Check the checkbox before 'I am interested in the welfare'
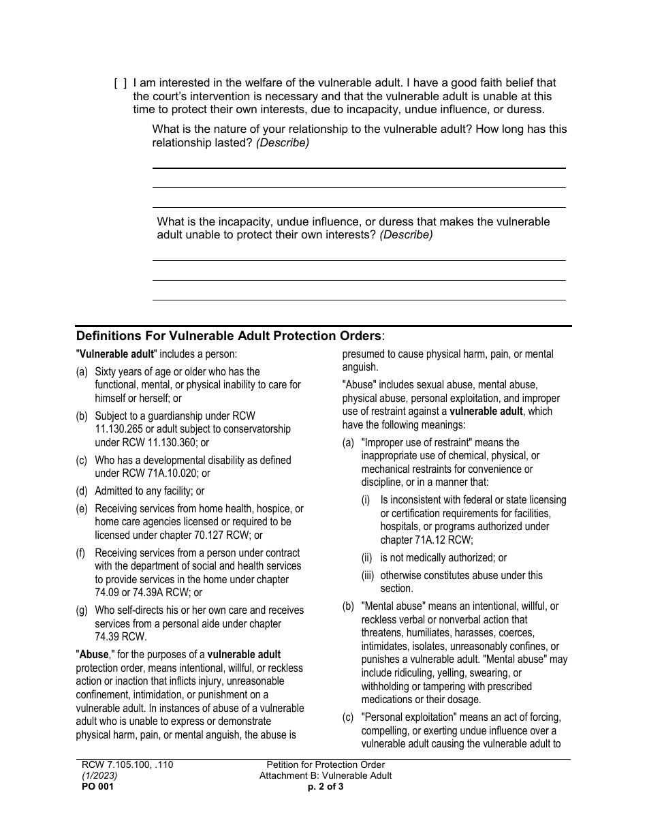coord(120,83)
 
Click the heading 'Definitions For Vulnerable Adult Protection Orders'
coord(230,336)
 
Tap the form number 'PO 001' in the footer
coord(95,786)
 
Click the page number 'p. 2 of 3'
coord(325,786)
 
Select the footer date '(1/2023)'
coord(99,775)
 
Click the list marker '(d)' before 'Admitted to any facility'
coord(82,491)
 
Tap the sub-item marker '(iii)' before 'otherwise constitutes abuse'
coord(368,575)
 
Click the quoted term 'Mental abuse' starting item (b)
coord(393,606)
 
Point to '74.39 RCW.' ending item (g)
coord(121,637)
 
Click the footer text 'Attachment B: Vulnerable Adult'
coord(325,775)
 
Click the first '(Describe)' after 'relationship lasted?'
coord(283,142)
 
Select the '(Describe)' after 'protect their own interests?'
coord(406,234)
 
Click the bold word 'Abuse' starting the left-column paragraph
coord(94,655)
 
